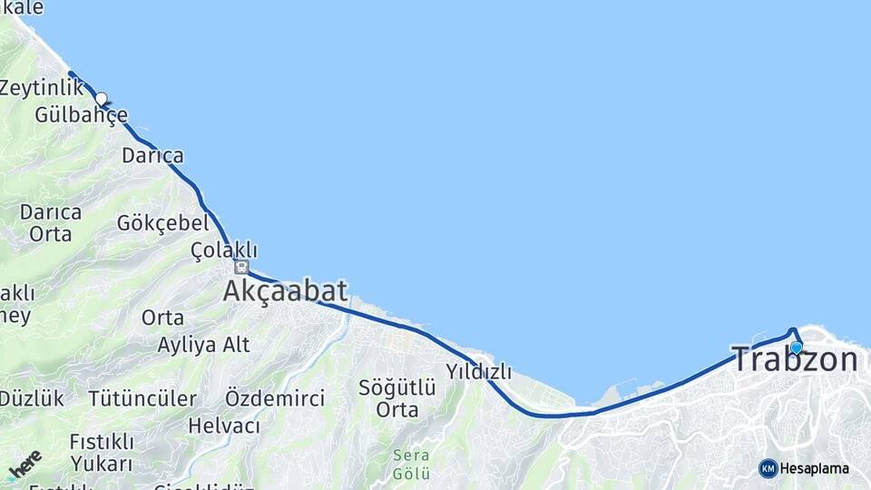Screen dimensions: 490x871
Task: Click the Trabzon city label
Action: pos(794,360)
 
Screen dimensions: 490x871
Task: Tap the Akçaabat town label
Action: pos(285,291)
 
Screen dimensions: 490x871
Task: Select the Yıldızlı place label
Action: pos(478,371)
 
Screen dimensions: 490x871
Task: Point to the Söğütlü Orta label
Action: pos(396,398)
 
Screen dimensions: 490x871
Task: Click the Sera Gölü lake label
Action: pos(410,464)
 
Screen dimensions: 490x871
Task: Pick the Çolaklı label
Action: pos(224,250)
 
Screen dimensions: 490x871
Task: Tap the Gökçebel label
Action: pos(162,222)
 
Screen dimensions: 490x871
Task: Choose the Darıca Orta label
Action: pos(50,222)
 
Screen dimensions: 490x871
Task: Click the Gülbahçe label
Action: pos(81,115)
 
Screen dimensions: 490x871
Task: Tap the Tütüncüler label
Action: pos(142,398)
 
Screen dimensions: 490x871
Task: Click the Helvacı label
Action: pos(223,425)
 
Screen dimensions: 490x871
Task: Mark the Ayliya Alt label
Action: pos(203,345)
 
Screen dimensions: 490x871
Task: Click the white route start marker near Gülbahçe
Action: pos(102,99)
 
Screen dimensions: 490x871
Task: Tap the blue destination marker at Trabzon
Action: pos(796,347)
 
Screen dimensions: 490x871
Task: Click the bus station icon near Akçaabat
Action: pos(240,267)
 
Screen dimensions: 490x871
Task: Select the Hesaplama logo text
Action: pos(815,468)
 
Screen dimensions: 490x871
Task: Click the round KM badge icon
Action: pos(768,468)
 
